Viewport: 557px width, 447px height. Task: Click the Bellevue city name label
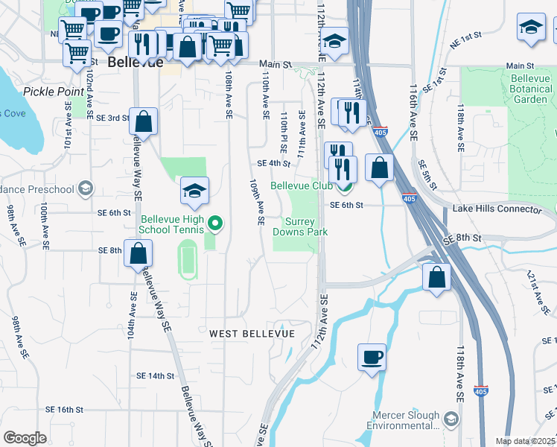pyautogui.click(x=135, y=63)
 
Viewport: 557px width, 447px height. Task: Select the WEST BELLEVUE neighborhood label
pyautogui.click(x=252, y=333)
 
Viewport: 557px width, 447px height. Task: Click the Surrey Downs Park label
pyautogui.click(x=306, y=226)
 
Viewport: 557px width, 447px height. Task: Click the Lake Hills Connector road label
pyautogui.click(x=497, y=209)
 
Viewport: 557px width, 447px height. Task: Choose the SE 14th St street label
pyautogui.click(x=155, y=376)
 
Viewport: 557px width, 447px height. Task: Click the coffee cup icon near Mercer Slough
pyautogui.click(x=372, y=357)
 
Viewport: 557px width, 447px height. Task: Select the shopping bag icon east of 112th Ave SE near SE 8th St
pyautogui.click(x=436, y=277)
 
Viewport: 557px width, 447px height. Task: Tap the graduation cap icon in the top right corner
pyautogui.click(x=531, y=28)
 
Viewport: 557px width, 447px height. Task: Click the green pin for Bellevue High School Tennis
pyautogui.click(x=215, y=223)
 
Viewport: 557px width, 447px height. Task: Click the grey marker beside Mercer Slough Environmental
pyautogui.click(x=451, y=419)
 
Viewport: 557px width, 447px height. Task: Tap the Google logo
pyautogui.click(x=25, y=438)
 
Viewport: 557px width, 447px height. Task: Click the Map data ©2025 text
pyautogui.click(x=525, y=441)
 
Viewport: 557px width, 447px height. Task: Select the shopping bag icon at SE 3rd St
pyautogui.click(x=142, y=122)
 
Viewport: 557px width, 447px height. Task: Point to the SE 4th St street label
pyautogui.click(x=273, y=164)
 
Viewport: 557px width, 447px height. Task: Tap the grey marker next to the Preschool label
pyautogui.click(x=86, y=188)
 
